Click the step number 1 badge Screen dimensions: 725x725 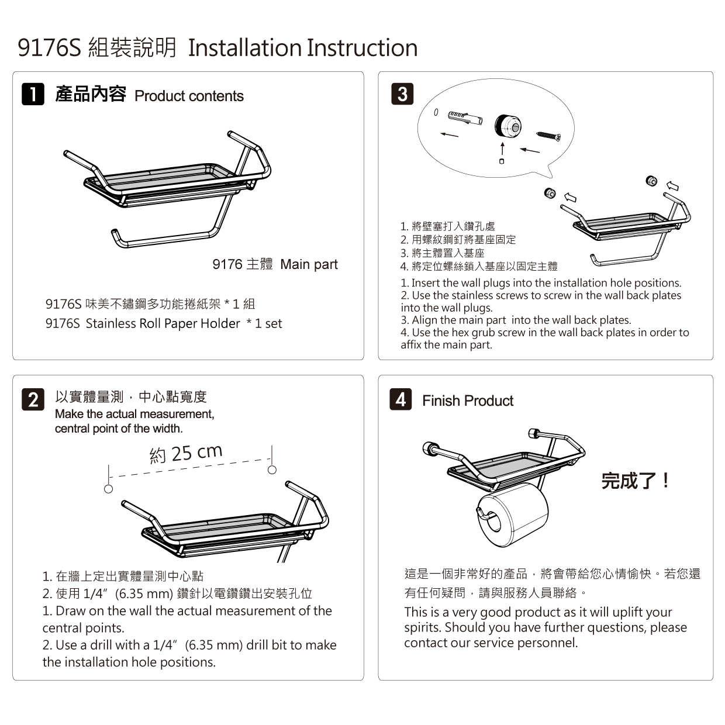pyautogui.click(x=33, y=94)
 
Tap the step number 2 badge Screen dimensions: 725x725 pyautogui.click(x=33, y=399)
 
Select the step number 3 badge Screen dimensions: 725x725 pyautogui.click(x=402, y=94)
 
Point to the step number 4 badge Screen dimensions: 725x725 pyautogui.click(x=401, y=399)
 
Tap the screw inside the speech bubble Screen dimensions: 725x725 pyautogui.click(x=548, y=136)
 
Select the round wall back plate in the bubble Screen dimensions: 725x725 pyautogui.click(x=508, y=127)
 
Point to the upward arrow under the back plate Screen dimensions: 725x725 pyautogui.click(x=502, y=149)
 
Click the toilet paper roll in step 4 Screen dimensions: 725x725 pyautogui.click(x=512, y=515)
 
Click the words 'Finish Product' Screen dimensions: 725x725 pyautogui.click(x=468, y=401)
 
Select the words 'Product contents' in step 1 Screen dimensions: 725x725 pyautogui.click(x=189, y=96)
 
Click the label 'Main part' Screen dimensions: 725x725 pyautogui.click(x=309, y=264)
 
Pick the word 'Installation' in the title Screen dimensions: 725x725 pyautogui.click(x=245, y=48)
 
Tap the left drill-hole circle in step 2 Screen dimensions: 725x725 pyautogui.click(x=108, y=489)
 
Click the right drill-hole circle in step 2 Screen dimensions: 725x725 pyautogui.click(x=272, y=469)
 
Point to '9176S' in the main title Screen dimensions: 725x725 pyautogui.click(x=49, y=48)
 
